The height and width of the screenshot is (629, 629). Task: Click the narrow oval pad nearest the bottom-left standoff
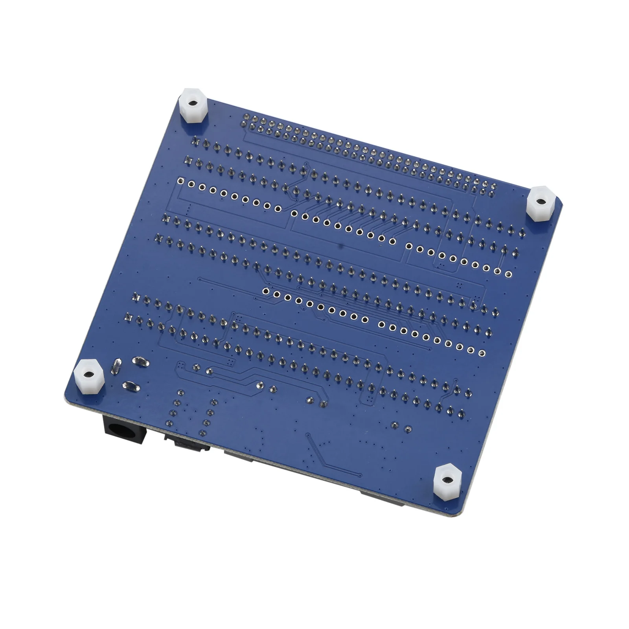(x=116, y=366)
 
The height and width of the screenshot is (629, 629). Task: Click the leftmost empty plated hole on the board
(x=180, y=181)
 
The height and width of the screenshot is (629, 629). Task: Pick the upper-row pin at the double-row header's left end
(x=247, y=117)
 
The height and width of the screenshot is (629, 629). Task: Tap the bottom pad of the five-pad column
(x=169, y=423)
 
